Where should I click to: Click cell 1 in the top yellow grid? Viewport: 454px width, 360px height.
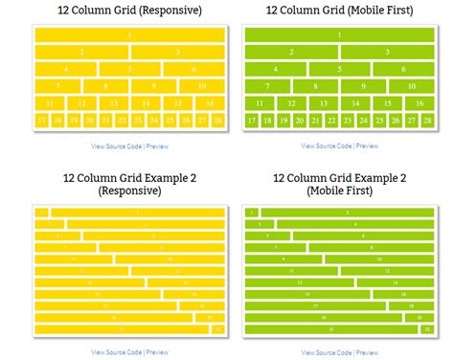[x=129, y=34]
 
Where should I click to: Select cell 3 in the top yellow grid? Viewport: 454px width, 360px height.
[x=178, y=52]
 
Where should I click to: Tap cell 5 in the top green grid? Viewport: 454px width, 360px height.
[x=339, y=69]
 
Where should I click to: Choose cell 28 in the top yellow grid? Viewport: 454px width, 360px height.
[x=217, y=121]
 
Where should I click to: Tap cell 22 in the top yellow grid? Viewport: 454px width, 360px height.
[x=122, y=121]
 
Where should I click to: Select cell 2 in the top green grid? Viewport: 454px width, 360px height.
[x=291, y=52]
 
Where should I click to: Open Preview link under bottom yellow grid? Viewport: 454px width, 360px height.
[x=156, y=352]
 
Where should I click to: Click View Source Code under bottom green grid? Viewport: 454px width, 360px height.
[x=327, y=352]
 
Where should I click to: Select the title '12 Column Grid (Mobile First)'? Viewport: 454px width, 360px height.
[x=339, y=11]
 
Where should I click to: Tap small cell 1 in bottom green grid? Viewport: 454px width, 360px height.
[x=251, y=213]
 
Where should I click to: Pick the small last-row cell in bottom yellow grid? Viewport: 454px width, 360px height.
[x=217, y=328]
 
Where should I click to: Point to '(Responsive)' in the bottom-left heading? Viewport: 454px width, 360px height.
[x=129, y=191]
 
